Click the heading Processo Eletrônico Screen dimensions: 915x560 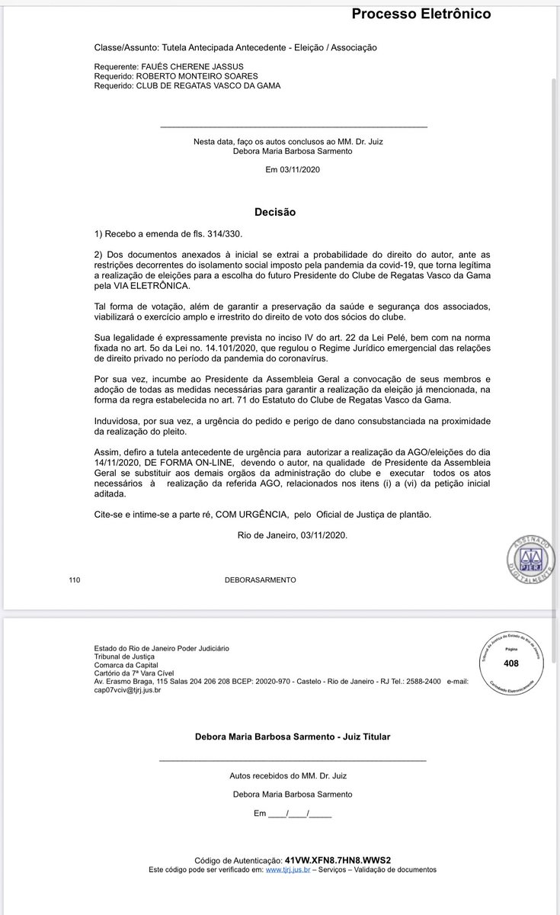(x=421, y=14)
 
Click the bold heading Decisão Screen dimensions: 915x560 (x=275, y=212)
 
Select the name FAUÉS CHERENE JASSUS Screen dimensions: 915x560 (x=181, y=67)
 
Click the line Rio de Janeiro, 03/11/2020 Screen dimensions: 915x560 (x=293, y=535)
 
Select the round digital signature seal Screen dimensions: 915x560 (x=531, y=553)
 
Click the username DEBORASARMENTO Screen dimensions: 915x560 (x=261, y=580)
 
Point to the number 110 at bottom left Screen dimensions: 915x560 (x=74, y=580)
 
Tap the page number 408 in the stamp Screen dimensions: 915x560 (x=510, y=663)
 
